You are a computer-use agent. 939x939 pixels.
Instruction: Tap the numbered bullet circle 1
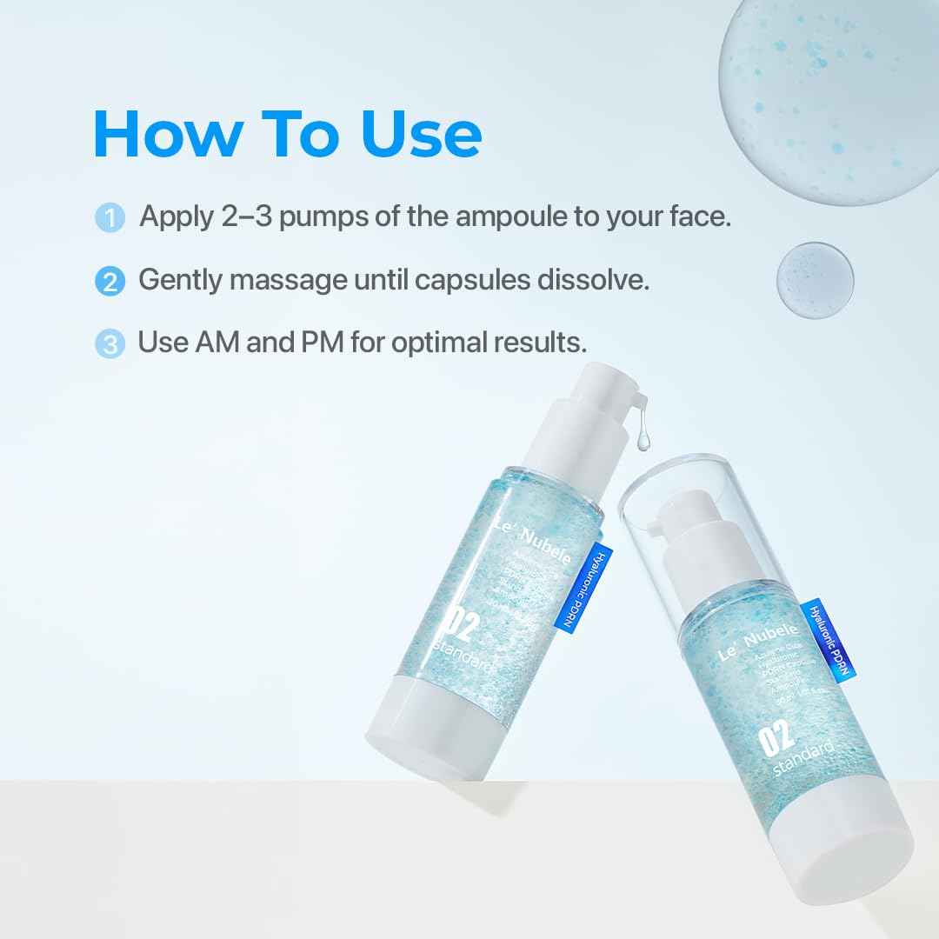tap(110, 217)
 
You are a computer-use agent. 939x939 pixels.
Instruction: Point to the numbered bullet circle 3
tap(110, 343)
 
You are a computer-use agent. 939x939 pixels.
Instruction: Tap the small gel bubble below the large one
tap(815, 279)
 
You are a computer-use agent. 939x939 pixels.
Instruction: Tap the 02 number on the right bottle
tap(776, 737)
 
